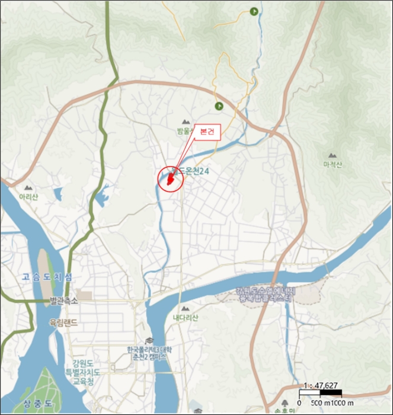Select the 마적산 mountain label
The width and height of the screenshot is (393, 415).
click(x=333, y=164)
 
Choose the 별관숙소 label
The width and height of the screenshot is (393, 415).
click(x=63, y=302)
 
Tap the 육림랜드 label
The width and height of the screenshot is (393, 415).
click(x=68, y=323)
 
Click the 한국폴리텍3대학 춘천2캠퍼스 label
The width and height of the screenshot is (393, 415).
click(x=148, y=353)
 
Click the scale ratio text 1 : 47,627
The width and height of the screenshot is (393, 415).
click(x=319, y=385)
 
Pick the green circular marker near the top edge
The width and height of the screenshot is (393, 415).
click(x=254, y=11)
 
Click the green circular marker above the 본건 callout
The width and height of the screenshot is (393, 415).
click(x=219, y=106)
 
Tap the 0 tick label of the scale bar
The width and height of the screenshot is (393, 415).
click(x=300, y=403)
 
